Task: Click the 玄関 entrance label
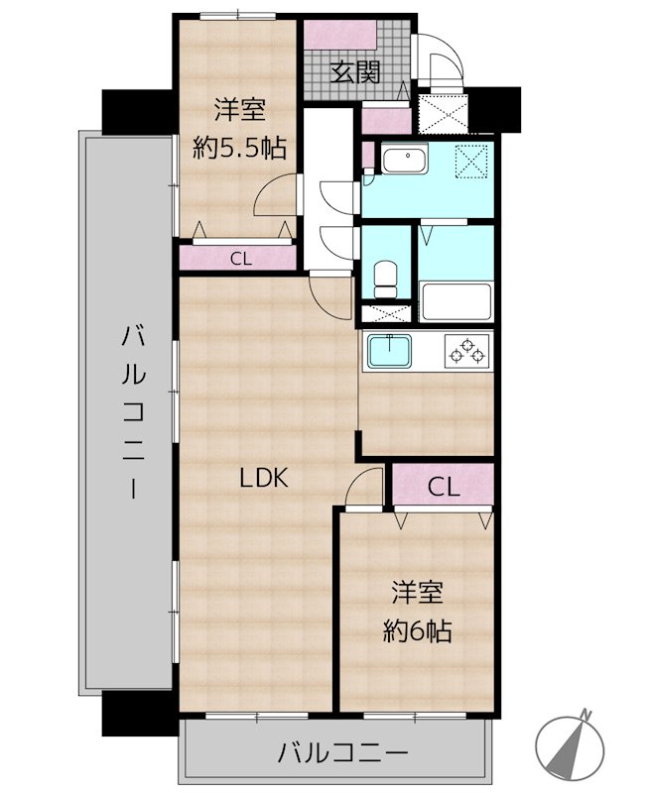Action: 355,71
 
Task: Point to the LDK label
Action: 263,478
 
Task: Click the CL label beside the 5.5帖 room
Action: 238,260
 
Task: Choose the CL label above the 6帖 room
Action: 444,487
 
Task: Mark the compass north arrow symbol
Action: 573,744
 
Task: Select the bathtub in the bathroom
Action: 456,301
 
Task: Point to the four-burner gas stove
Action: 466,350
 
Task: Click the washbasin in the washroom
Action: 403,163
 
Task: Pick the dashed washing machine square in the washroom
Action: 472,162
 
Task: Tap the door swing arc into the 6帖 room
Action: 365,488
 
